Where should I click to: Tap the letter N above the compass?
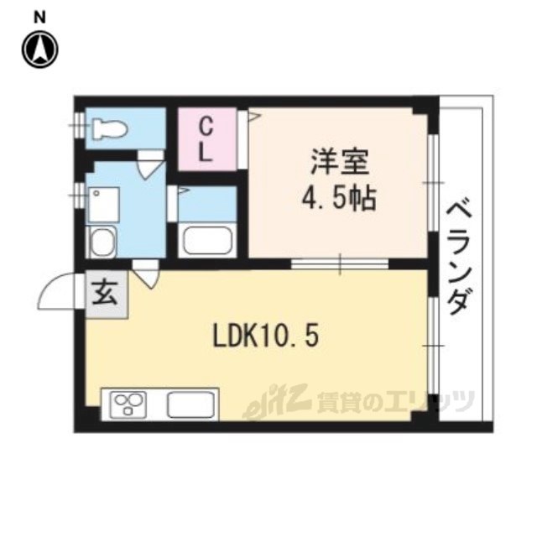coord(39,18)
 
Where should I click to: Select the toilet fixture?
coord(110,129)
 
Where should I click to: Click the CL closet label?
coord(206,140)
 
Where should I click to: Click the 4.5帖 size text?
coord(339,199)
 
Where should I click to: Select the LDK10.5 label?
coord(266,336)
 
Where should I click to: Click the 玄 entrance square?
coord(107,295)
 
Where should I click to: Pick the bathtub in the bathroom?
coord(207,240)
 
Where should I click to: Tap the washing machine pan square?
coord(104,205)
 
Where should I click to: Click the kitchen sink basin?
coord(190,404)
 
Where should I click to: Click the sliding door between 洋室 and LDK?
coord(340,263)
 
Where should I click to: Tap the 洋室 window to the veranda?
coord(433,183)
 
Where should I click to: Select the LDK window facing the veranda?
coord(433,346)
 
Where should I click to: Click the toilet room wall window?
coord(80,125)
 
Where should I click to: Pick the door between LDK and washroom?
coord(146,274)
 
